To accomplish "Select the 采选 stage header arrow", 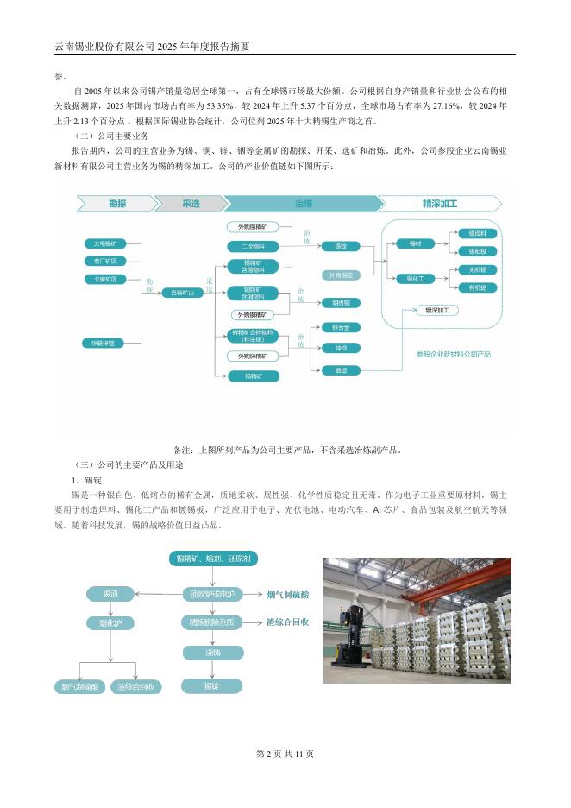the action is pos(190,204).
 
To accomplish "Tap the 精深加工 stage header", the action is pos(440,204).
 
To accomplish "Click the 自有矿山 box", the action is pos(183,294).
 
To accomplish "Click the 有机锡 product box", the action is pos(477,287).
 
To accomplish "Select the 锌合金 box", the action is pos(340,328).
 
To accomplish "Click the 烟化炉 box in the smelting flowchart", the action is pos(110,622).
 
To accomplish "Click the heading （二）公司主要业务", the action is pos(112,136).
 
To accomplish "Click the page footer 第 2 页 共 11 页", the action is pos(285,754).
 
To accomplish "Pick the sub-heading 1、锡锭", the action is pos(88,479).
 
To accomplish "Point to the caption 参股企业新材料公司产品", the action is pos(454,354).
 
